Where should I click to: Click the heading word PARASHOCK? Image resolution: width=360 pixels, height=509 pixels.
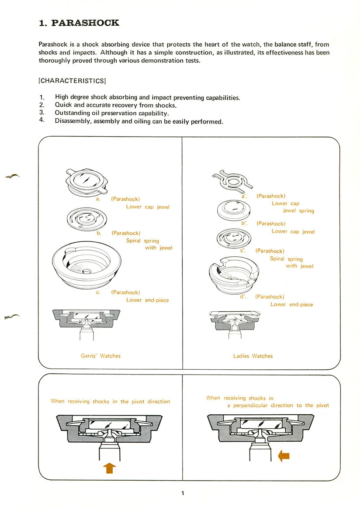(x=85, y=23)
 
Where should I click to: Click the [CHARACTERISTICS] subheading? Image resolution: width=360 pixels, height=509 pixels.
(x=72, y=81)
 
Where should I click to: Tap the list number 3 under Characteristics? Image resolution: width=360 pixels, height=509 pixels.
(x=42, y=113)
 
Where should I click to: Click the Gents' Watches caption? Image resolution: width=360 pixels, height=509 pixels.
(x=100, y=356)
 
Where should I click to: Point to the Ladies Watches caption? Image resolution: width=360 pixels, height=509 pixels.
(x=253, y=356)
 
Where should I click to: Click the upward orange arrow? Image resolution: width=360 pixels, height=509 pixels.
(x=109, y=468)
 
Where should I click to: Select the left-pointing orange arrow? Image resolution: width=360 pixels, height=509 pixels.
(x=284, y=456)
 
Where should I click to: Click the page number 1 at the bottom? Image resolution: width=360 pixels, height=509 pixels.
(x=183, y=493)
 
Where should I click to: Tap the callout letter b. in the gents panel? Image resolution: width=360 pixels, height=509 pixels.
(x=99, y=233)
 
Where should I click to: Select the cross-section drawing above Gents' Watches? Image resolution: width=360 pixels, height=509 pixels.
(x=86, y=323)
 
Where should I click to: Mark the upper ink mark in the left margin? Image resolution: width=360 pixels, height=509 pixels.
(x=12, y=176)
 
